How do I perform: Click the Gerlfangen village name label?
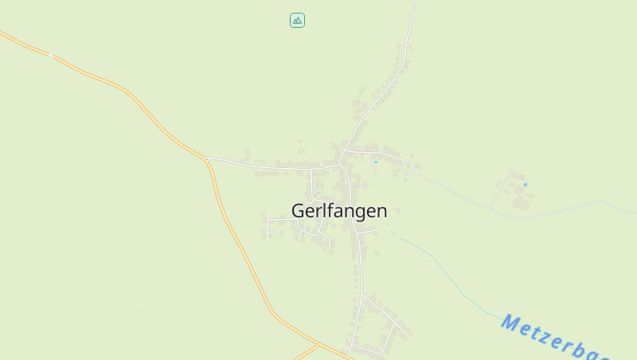[x=339, y=211]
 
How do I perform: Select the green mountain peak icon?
[x=297, y=21]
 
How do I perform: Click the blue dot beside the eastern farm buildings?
[x=525, y=185]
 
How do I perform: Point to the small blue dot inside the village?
[x=375, y=162]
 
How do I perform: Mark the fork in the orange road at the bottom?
[x=317, y=345]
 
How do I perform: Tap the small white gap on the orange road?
[x=52, y=56]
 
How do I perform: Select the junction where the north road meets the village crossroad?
[x=342, y=151]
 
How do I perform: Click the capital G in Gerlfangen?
[x=299, y=211]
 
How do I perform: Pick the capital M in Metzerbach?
[x=510, y=323]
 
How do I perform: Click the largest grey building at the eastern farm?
[x=522, y=204]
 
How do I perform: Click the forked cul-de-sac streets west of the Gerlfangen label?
[x=272, y=226]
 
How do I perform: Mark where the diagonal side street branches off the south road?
[x=362, y=295]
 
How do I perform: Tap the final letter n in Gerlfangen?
[x=381, y=211]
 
